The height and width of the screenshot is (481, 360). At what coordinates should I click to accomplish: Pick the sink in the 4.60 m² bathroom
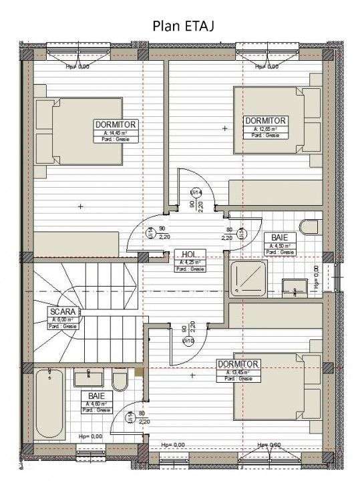click(88, 378)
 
